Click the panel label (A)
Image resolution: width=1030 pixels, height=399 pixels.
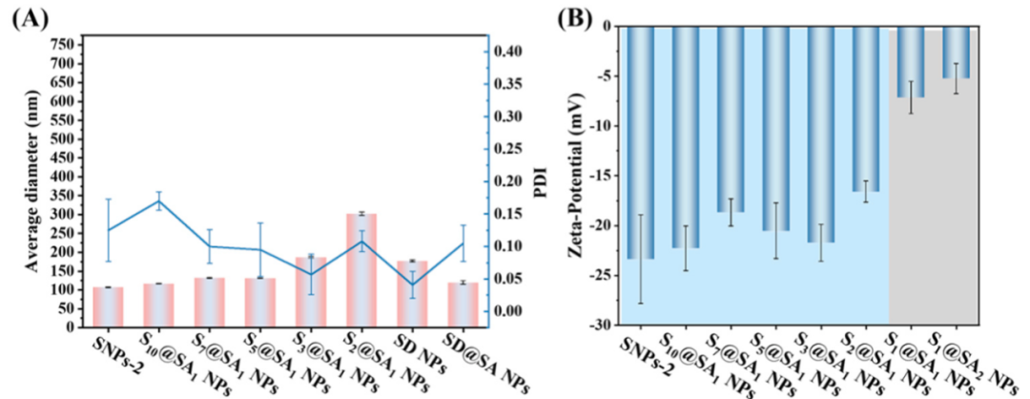[x=28, y=17]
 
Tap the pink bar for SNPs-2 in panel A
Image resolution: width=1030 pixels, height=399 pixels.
[x=108, y=306]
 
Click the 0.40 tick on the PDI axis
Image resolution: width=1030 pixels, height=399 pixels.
[x=512, y=51]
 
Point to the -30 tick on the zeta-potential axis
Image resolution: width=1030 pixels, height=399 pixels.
[x=600, y=325]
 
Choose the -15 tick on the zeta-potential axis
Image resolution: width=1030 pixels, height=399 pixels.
[x=600, y=177]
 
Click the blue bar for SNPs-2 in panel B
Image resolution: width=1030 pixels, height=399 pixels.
[x=640, y=143]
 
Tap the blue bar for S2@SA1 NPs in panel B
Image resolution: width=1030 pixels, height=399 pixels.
[x=866, y=110]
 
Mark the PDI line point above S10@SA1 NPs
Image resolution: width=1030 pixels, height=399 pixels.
[x=158, y=201]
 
